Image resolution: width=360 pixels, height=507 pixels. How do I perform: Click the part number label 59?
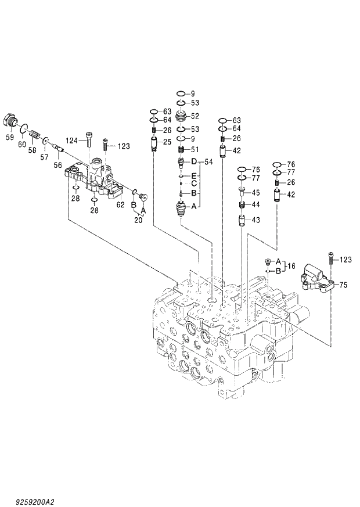coord(9,138)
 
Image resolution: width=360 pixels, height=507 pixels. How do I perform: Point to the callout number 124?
coord(71,140)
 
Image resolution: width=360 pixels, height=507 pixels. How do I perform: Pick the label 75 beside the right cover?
coord(343,285)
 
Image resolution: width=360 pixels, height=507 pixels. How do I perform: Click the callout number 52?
coord(195,116)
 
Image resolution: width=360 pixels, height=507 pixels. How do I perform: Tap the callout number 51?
coord(195,149)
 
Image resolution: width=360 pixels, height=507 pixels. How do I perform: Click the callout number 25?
coord(167,142)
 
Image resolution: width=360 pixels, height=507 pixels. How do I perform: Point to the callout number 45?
coord(255,193)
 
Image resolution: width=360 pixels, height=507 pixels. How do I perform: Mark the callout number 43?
coord(255,220)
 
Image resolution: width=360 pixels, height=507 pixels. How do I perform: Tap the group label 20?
coord(138,220)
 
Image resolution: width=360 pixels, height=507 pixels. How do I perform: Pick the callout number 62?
coord(120,204)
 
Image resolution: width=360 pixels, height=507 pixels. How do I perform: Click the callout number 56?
coord(57,165)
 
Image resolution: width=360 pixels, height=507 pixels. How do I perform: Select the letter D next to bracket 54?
coord(195,160)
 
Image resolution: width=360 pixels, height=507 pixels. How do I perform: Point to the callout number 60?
coord(23,144)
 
